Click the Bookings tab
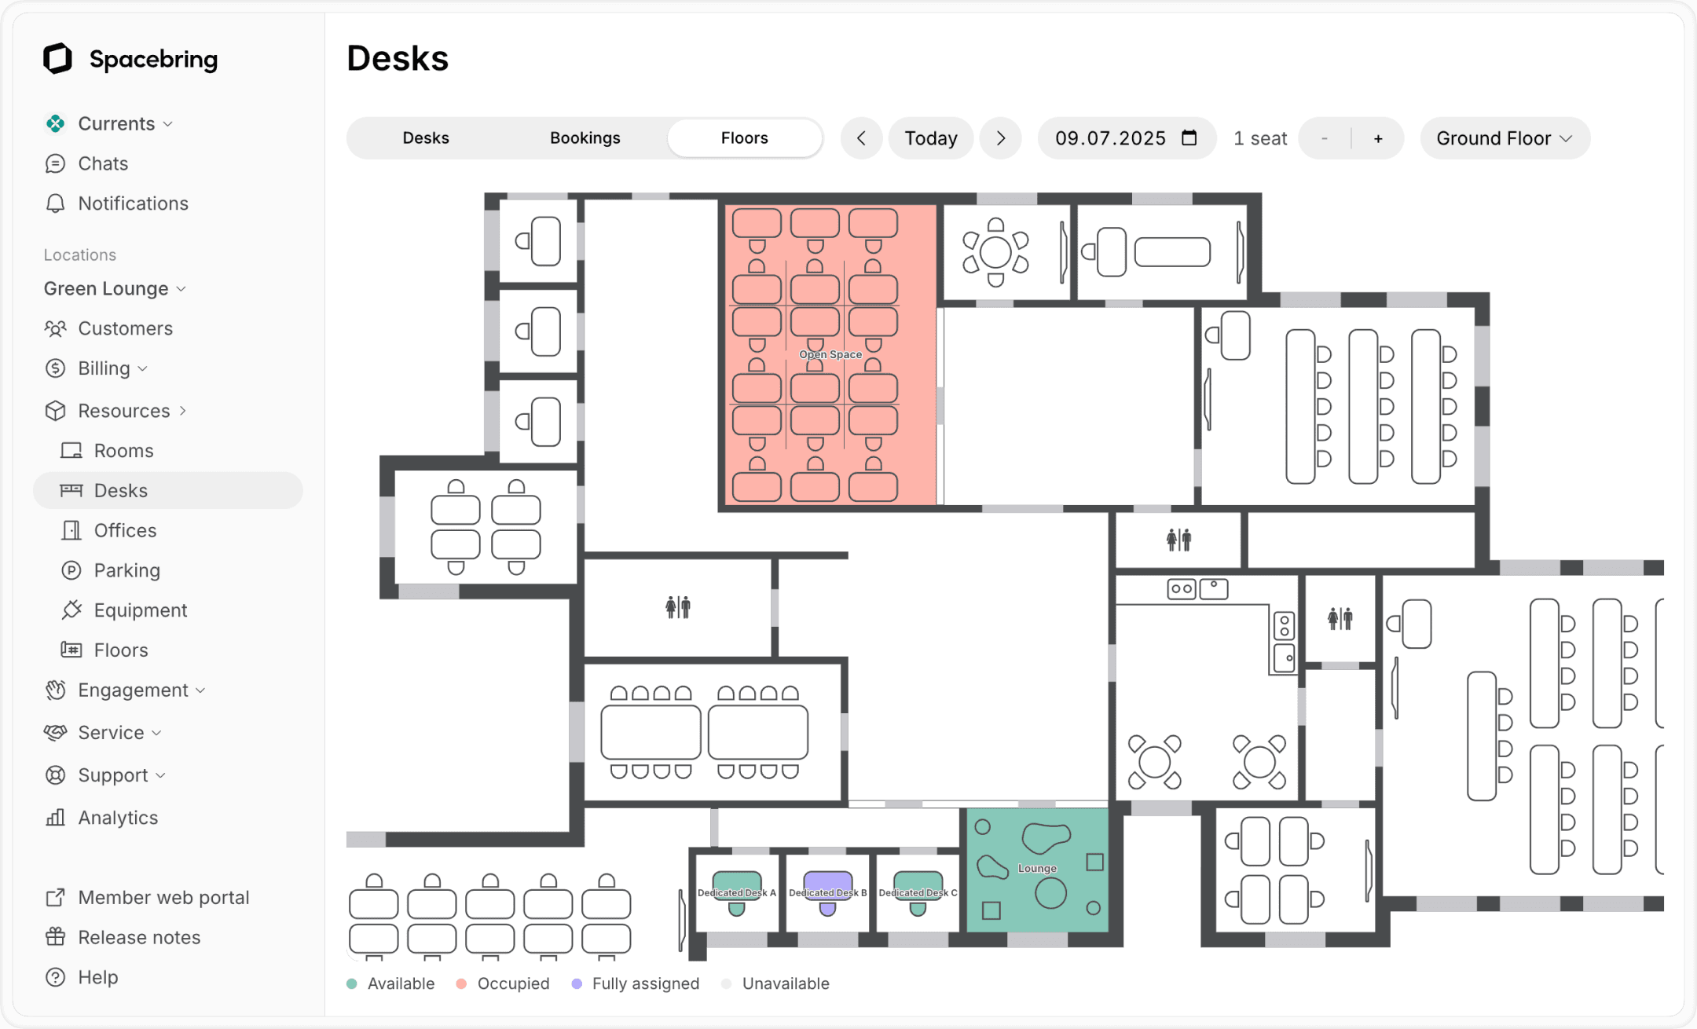point(585,138)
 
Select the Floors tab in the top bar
point(744,138)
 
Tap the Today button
point(930,138)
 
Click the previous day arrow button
point(861,138)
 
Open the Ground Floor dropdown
point(1504,138)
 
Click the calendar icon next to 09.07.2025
point(1189,138)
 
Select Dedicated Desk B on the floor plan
point(827,892)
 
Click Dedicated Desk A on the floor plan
point(736,892)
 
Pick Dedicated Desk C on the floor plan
point(918,892)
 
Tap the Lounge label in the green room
point(1037,869)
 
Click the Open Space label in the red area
point(830,354)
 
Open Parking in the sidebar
point(126,570)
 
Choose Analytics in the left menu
point(118,818)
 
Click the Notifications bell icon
point(55,203)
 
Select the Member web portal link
point(163,898)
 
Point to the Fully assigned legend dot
point(577,984)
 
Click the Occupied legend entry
point(512,984)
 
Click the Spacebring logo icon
point(57,59)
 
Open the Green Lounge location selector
point(115,288)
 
